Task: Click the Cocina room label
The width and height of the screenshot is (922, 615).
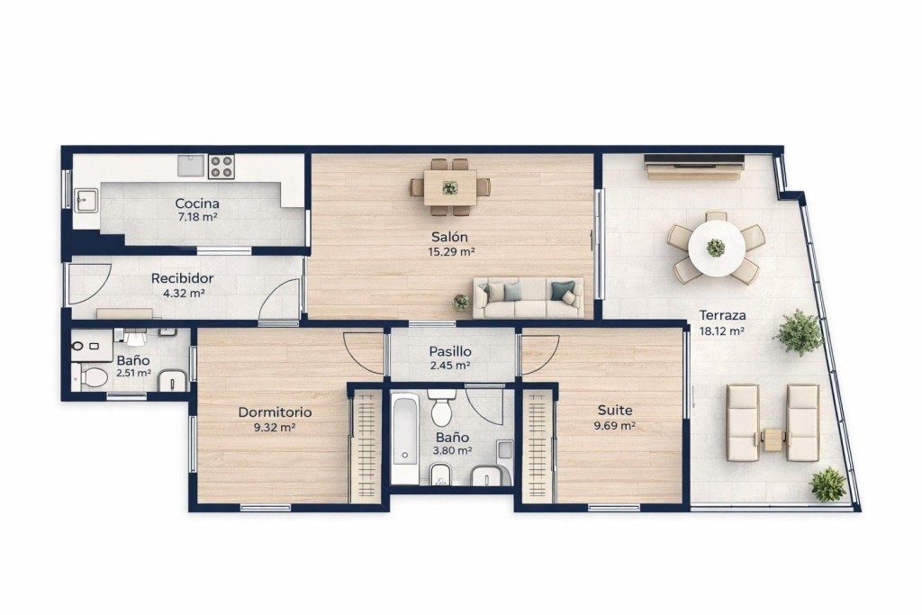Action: pos(197,203)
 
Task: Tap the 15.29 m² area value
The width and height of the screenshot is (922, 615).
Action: pos(452,252)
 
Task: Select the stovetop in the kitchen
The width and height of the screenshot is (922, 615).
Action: pos(221,167)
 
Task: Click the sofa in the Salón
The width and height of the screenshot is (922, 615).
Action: pos(529,297)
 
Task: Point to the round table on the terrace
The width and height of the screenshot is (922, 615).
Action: pos(716,248)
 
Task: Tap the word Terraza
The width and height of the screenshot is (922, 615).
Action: pos(722,315)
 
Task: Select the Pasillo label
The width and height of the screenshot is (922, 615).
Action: pos(450,351)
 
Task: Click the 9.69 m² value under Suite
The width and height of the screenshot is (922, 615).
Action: pos(614,426)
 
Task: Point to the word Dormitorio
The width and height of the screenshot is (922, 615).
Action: pos(275,412)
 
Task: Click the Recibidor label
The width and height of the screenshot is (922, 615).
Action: pos(182,279)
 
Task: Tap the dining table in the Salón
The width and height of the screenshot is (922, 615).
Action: pos(450,187)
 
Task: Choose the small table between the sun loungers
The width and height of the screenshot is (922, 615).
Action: pos(773,439)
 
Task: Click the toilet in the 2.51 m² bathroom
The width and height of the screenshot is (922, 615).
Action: pos(93,377)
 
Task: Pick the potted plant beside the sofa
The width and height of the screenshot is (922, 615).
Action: pos(461,302)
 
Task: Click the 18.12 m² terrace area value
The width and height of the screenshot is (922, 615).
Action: pos(722,331)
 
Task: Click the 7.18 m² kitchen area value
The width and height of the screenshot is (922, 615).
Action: pos(198,218)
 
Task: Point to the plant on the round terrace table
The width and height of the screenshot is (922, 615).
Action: pos(716,248)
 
